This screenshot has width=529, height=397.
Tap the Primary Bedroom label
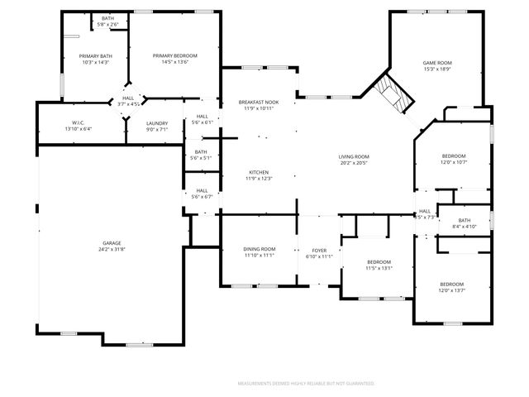point(174,55)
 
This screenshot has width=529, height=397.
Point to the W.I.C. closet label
point(79,123)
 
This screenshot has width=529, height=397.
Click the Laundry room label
point(157,123)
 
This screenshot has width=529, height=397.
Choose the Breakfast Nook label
point(259,102)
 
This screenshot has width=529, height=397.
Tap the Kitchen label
point(259,172)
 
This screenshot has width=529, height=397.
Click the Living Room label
point(354,156)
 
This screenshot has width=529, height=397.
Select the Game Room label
point(437,63)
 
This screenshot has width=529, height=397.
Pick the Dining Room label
point(259,249)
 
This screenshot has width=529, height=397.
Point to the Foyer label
point(319,250)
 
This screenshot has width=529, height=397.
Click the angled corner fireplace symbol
point(392,92)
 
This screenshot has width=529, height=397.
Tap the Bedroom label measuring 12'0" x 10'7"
point(453,156)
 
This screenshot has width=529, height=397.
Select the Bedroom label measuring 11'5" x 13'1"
point(379,262)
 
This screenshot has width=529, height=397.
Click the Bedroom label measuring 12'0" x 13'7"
point(452,284)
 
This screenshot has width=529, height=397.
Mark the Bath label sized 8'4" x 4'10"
point(464,220)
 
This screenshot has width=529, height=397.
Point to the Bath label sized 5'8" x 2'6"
point(108,18)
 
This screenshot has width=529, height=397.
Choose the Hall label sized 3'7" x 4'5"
point(128,98)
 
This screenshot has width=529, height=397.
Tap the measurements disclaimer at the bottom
point(306,384)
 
